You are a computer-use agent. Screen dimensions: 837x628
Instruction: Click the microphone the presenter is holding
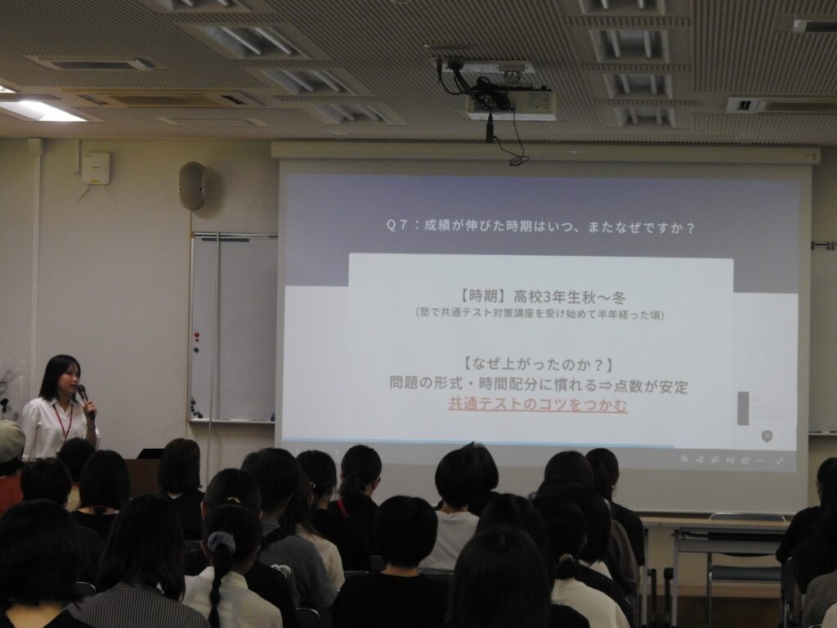(x=85, y=400)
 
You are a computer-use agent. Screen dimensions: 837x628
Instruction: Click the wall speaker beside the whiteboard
(x=193, y=186)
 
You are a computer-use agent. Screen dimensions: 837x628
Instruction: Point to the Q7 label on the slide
(x=397, y=227)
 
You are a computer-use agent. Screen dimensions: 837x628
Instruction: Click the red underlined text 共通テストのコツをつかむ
(x=538, y=405)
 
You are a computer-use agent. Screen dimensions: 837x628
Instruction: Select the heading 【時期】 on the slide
(x=481, y=296)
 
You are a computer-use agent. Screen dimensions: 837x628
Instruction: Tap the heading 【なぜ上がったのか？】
(x=538, y=364)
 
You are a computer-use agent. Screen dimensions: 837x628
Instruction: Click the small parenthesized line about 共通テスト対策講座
(x=539, y=314)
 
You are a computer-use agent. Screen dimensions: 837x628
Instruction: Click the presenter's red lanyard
(x=64, y=420)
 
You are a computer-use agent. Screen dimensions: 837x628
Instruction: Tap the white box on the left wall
(x=96, y=168)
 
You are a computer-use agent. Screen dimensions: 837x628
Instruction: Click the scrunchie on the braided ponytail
(x=222, y=543)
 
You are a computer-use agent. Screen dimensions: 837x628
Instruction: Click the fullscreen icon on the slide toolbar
(x=779, y=460)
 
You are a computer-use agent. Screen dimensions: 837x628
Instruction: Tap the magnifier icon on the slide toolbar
(x=684, y=460)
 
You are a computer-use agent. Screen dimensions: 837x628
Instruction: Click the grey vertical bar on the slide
(x=743, y=409)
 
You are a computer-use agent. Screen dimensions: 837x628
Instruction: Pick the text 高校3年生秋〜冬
(x=570, y=296)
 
